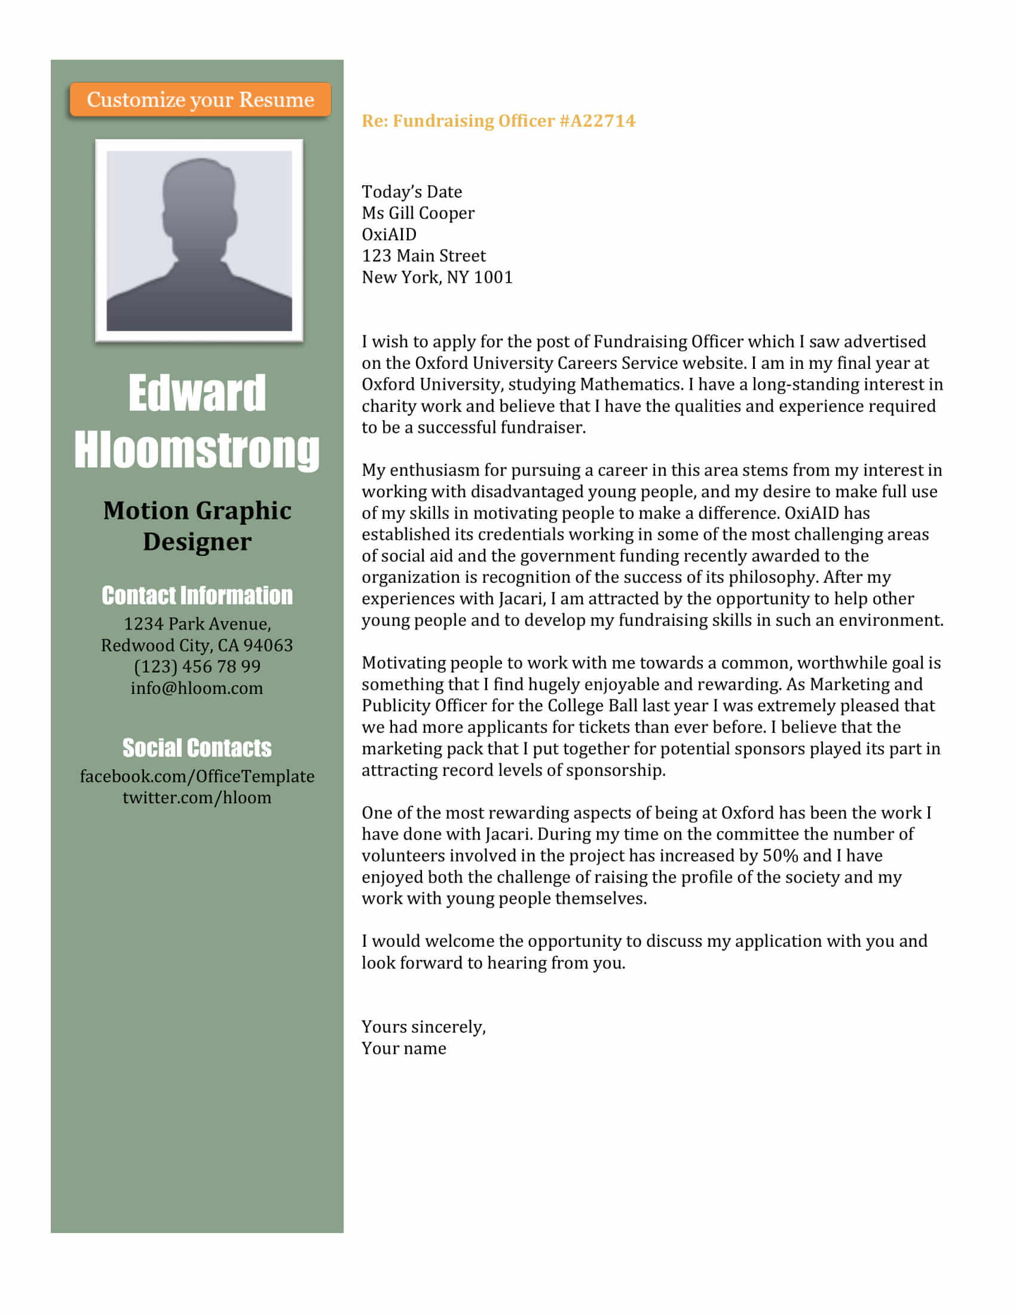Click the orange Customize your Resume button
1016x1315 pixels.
click(200, 99)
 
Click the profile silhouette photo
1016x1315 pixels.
click(199, 241)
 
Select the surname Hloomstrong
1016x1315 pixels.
click(197, 449)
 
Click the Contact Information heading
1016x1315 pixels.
click(197, 595)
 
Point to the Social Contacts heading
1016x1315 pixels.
click(197, 748)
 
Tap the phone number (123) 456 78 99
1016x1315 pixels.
click(197, 666)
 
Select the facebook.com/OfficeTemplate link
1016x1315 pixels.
click(197, 776)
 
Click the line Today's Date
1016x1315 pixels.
click(412, 191)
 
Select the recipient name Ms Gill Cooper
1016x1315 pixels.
click(418, 213)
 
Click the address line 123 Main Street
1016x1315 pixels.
click(423, 256)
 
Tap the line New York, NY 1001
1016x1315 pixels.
click(437, 277)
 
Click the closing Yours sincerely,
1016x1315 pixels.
click(423, 1026)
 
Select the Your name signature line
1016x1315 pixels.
click(404, 1048)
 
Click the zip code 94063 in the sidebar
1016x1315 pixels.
click(268, 646)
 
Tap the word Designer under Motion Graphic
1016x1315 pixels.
click(197, 542)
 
